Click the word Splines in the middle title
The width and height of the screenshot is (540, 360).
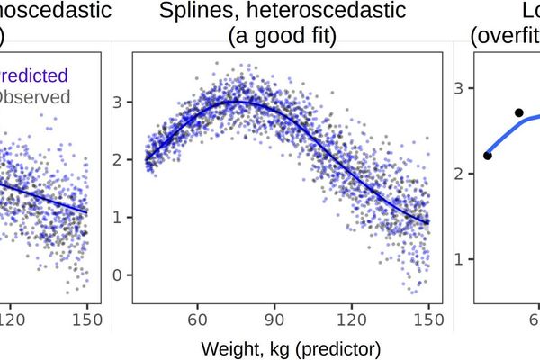point(192,12)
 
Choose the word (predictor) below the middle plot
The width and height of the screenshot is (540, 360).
point(331,346)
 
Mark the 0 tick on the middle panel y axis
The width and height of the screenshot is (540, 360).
point(116,274)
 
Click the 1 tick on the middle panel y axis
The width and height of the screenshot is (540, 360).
point(116,217)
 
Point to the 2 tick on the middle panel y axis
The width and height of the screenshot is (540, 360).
point(116,159)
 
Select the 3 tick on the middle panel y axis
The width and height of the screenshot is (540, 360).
point(116,103)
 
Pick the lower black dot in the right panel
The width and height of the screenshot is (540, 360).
point(488,156)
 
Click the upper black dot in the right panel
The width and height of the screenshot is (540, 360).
point(518,112)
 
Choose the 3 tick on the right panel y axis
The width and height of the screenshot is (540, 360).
point(459,88)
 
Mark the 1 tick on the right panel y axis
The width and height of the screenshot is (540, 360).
point(459,259)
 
